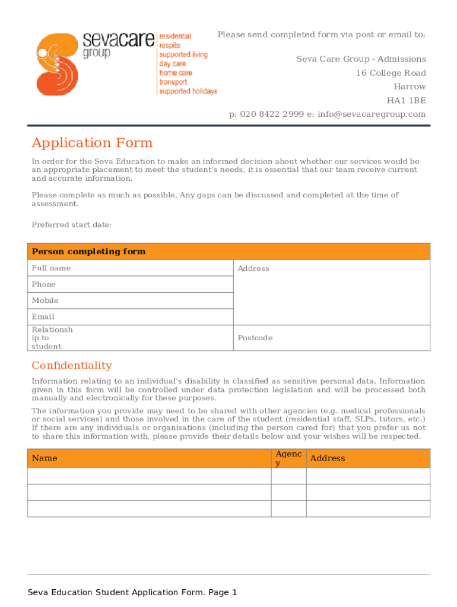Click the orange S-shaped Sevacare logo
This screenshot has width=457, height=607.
(56, 63)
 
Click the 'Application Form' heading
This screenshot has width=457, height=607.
(92, 143)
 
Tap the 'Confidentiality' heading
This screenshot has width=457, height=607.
(72, 365)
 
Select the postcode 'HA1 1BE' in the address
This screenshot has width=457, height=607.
(407, 100)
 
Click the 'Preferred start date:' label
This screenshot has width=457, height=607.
(71, 225)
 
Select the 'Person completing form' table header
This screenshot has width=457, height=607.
(88, 251)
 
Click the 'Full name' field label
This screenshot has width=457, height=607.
(51, 268)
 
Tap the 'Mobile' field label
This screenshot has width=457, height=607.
(45, 301)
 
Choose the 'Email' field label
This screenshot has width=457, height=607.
(43, 317)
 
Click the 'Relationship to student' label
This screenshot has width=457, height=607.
(52, 338)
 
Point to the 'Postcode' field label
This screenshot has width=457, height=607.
(255, 338)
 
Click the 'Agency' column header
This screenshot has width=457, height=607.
(288, 458)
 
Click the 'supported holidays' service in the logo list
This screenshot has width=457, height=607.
(188, 91)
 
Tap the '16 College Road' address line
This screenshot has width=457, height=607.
(391, 73)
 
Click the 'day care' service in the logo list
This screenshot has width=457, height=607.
(172, 63)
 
